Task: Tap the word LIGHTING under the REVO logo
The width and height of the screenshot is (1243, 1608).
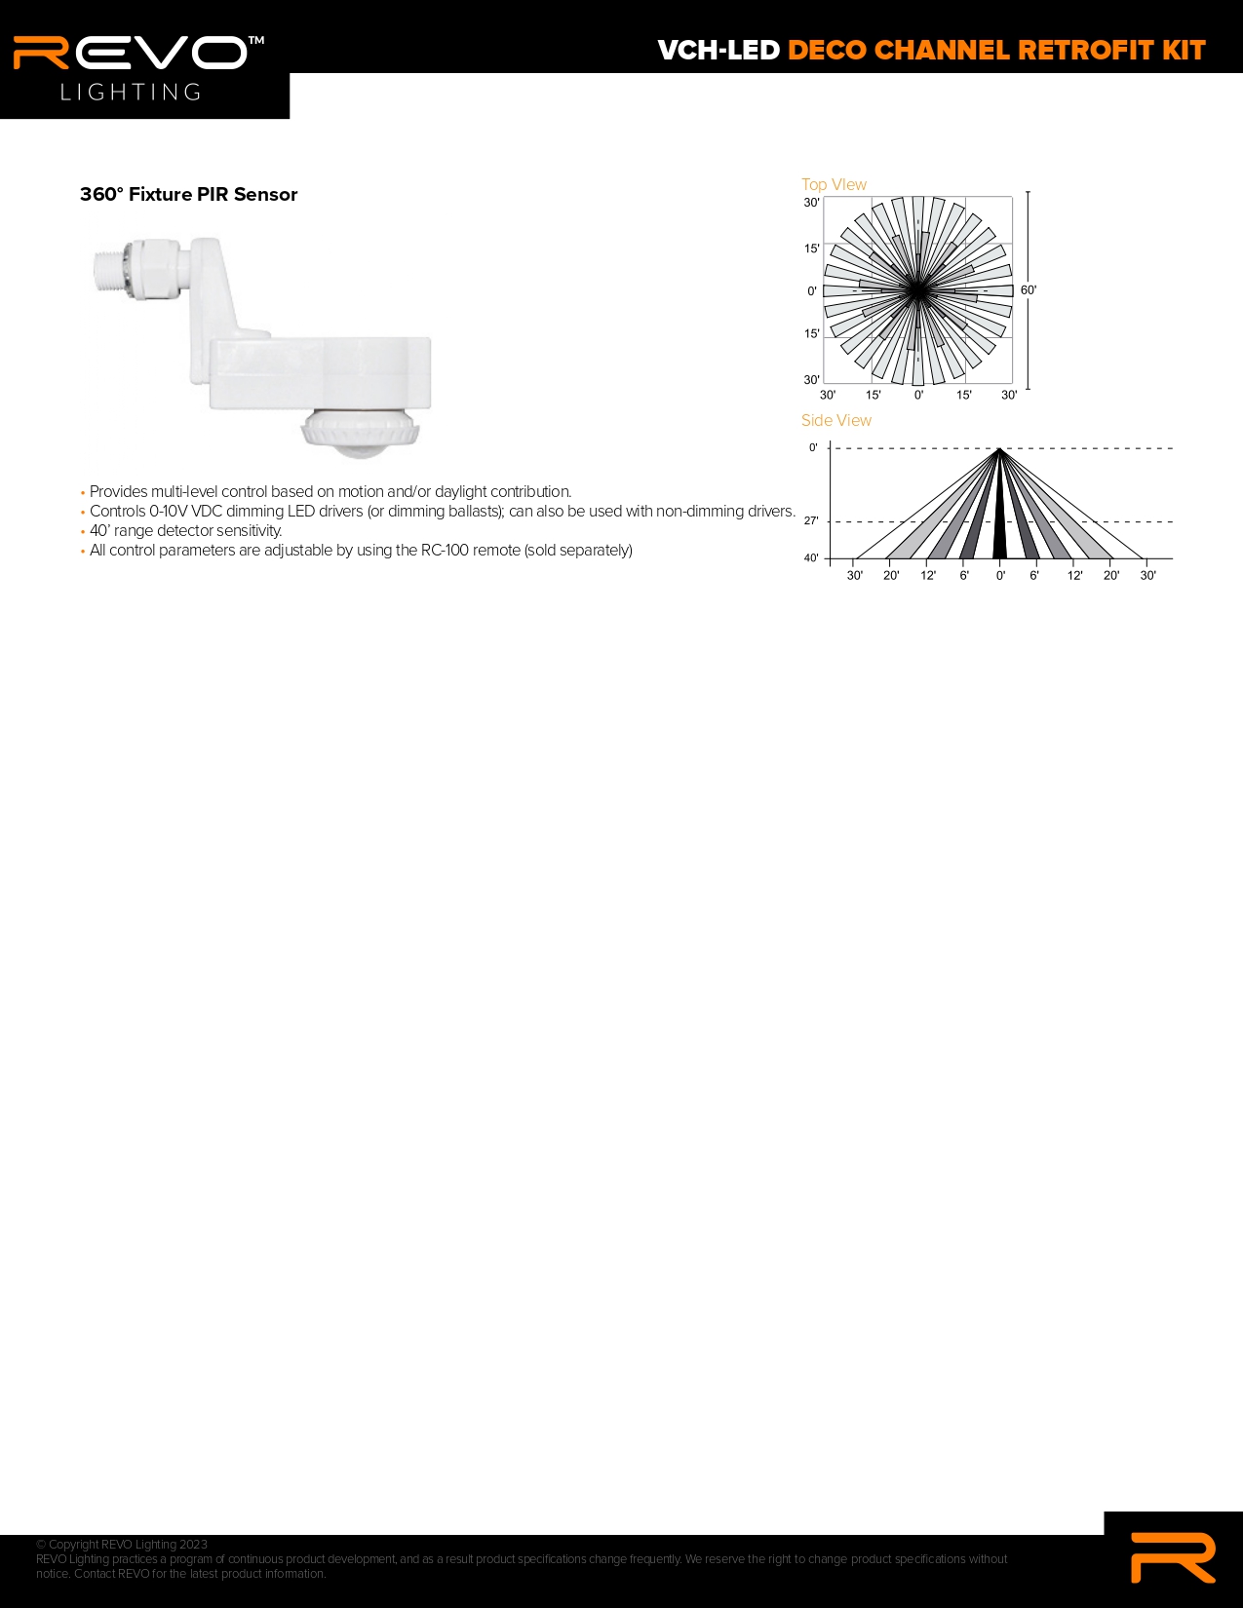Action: [x=131, y=92]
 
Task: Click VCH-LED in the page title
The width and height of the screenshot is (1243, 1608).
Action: [x=719, y=51]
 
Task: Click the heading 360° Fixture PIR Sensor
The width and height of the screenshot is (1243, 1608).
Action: [x=189, y=195]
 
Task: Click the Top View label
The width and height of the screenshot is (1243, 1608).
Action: [x=834, y=184]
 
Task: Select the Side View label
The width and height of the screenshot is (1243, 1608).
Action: [x=835, y=420]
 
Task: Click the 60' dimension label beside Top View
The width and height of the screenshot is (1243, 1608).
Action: [x=1029, y=290]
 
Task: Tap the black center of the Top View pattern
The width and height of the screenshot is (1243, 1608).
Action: [x=917, y=290]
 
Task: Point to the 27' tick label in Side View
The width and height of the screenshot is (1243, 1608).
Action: [x=811, y=521]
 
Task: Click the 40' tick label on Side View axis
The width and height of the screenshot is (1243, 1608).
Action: [x=811, y=558]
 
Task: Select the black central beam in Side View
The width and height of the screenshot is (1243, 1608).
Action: [x=999, y=518]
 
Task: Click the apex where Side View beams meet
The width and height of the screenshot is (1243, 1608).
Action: [x=999, y=448]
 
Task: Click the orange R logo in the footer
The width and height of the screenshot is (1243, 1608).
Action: [x=1173, y=1557]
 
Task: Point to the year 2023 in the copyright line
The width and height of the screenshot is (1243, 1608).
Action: [x=193, y=1545]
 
